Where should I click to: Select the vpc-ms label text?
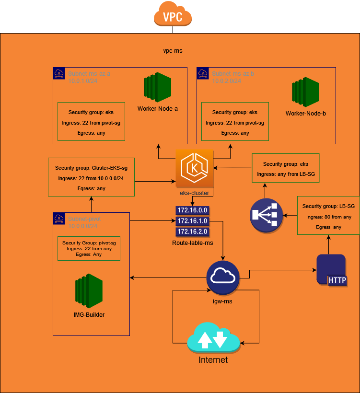[x=173, y=50]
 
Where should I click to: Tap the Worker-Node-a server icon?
[x=158, y=87]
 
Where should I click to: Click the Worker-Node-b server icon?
[x=305, y=93]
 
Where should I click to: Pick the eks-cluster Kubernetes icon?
[x=194, y=168]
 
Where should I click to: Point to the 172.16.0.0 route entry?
[x=192, y=210]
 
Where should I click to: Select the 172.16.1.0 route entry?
[x=192, y=221]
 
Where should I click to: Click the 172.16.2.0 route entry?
[x=192, y=232]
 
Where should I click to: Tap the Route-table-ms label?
[x=192, y=243]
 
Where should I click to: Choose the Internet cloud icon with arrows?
[x=213, y=338]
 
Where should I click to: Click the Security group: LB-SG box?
[x=328, y=215]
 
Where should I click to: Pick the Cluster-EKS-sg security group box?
[x=91, y=177]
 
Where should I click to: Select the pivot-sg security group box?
[x=89, y=248]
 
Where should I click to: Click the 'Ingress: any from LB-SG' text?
[x=286, y=174]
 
